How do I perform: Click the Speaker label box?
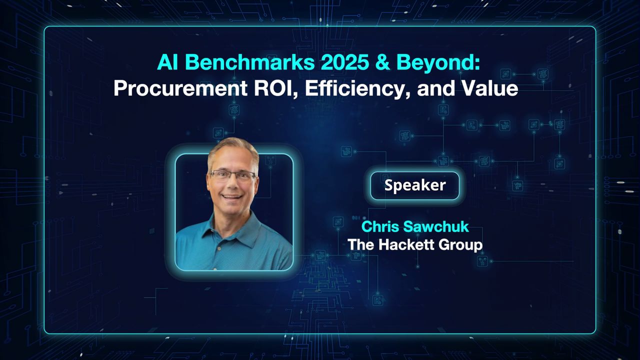414,185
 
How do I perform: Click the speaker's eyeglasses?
232,175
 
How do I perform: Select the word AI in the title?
166,62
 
